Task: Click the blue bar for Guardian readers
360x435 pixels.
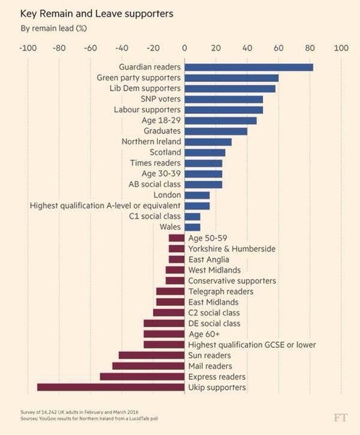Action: tap(248, 67)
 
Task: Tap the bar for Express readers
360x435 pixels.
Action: tap(142, 377)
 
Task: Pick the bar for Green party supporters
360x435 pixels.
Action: tap(231, 78)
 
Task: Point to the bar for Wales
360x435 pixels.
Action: tap(192, 227)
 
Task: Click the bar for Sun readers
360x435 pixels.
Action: tap(151, 355)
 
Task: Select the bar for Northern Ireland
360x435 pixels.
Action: tap(208, 142)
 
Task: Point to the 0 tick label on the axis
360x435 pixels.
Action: tap(185, 48)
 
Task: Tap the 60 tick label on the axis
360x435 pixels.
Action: tap(278, 48)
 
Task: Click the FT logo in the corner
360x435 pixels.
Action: tap(340, 418)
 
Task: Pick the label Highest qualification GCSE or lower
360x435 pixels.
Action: tap(251, 345)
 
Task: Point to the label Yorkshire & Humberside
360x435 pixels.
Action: tap(231, 249)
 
